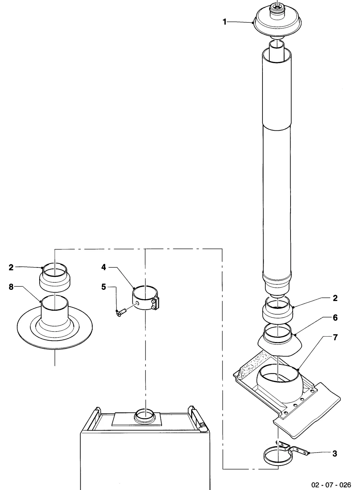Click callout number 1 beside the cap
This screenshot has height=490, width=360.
click(x=224, y=22)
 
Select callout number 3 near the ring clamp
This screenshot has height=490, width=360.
click(x=335, y=454)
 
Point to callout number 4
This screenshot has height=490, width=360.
click(x=103, y=267)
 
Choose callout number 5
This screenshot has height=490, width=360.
click(x=103, y=287)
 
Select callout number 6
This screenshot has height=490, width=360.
click(x=335, y=318)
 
